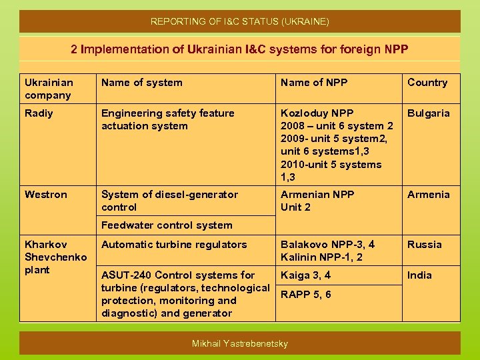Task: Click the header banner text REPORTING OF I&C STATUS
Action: [239, 21]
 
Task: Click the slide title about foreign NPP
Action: [239, 49]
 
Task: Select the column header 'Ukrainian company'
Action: [49, 89]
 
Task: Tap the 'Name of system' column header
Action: [141, 83]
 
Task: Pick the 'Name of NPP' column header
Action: [314, 83]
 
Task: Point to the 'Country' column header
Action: [427, 83]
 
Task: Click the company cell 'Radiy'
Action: [39, 113]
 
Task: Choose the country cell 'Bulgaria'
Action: [429, 113]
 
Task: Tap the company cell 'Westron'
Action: [45, 195]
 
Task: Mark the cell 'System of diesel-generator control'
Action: [169, 201]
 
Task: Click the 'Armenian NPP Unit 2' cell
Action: [317, 201]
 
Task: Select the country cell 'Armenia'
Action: [429, 195]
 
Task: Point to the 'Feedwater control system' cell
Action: [167, 225]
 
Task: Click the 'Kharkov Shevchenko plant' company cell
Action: [55, 257]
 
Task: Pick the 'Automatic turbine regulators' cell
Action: [174, 245]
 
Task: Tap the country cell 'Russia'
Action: [424, 245]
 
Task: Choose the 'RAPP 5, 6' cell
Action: [305, 295]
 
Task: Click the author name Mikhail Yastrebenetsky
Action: [239, 343]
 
